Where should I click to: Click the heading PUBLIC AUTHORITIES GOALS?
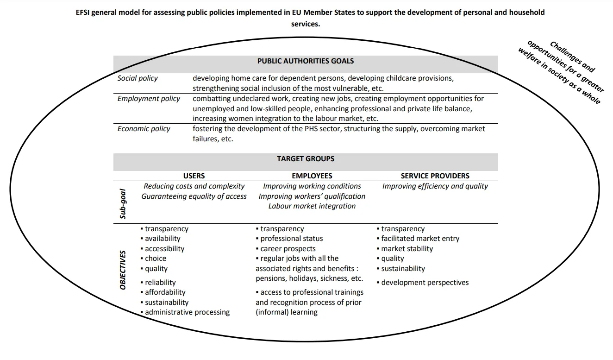coord(306,61)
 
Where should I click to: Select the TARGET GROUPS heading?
coord(306,158)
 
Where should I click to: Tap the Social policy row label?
coord(138,78)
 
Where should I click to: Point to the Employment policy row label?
coord(149,99)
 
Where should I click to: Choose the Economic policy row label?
coord(144,129)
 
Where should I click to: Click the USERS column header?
coord(194,176)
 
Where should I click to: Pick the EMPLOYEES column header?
coord(312,176)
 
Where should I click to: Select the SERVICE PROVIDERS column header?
coord(435,176)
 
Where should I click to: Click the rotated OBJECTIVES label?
coord(123,270)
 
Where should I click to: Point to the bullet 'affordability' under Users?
coord(165,292)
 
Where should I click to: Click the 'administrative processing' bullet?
coord(187,312)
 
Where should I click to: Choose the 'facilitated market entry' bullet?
coord(420,239)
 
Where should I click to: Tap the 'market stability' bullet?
coord(407,249)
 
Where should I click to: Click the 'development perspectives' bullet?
coord(425,283)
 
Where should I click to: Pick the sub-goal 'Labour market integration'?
coord(312,206)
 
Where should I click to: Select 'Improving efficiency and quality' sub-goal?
coord(435,186)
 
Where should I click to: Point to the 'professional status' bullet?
coord(291,239)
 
